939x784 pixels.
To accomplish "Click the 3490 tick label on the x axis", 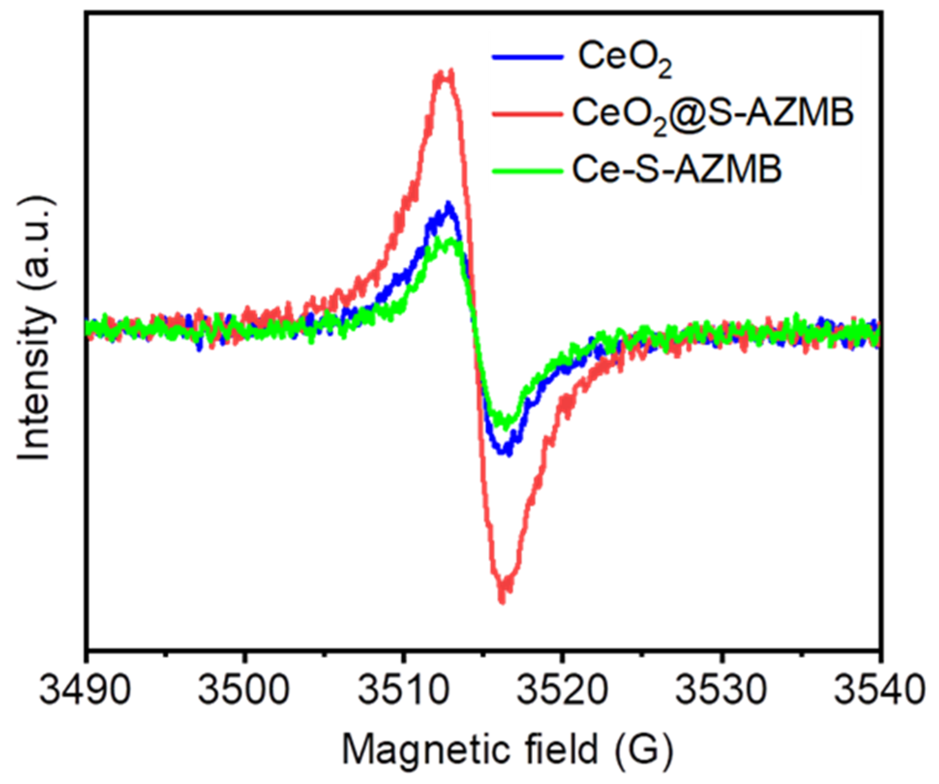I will click(85, 690).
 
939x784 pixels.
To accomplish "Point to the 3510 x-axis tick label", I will click(403, 690).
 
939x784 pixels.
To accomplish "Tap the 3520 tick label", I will click(562, 690).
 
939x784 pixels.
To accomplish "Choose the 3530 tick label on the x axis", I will click(721, 690).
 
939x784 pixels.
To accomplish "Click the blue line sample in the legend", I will click(528, 57).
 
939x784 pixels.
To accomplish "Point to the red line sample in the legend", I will click(528, 114).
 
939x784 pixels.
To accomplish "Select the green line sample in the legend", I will click(528, 170).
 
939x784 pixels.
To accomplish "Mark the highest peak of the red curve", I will click(451, 71).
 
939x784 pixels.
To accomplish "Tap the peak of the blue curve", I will click(448, 203).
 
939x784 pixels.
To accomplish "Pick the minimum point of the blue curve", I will click(507, 454).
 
